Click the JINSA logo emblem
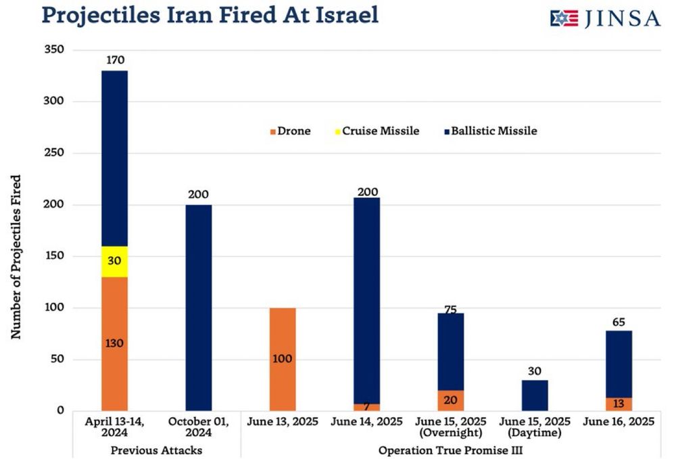[564, 18]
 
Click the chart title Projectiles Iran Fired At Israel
[210, 15]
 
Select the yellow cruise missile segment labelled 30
[114, 262]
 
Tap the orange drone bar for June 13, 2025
[283, 359]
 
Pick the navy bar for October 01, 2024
[198, 308]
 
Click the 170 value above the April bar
[116, 61]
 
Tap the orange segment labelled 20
[451, 400]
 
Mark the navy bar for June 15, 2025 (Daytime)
[535, 395]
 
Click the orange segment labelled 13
[619, 404]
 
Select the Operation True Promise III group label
[450, 450]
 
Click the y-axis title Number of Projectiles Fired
[16, 257]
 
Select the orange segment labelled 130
[114, 343]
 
